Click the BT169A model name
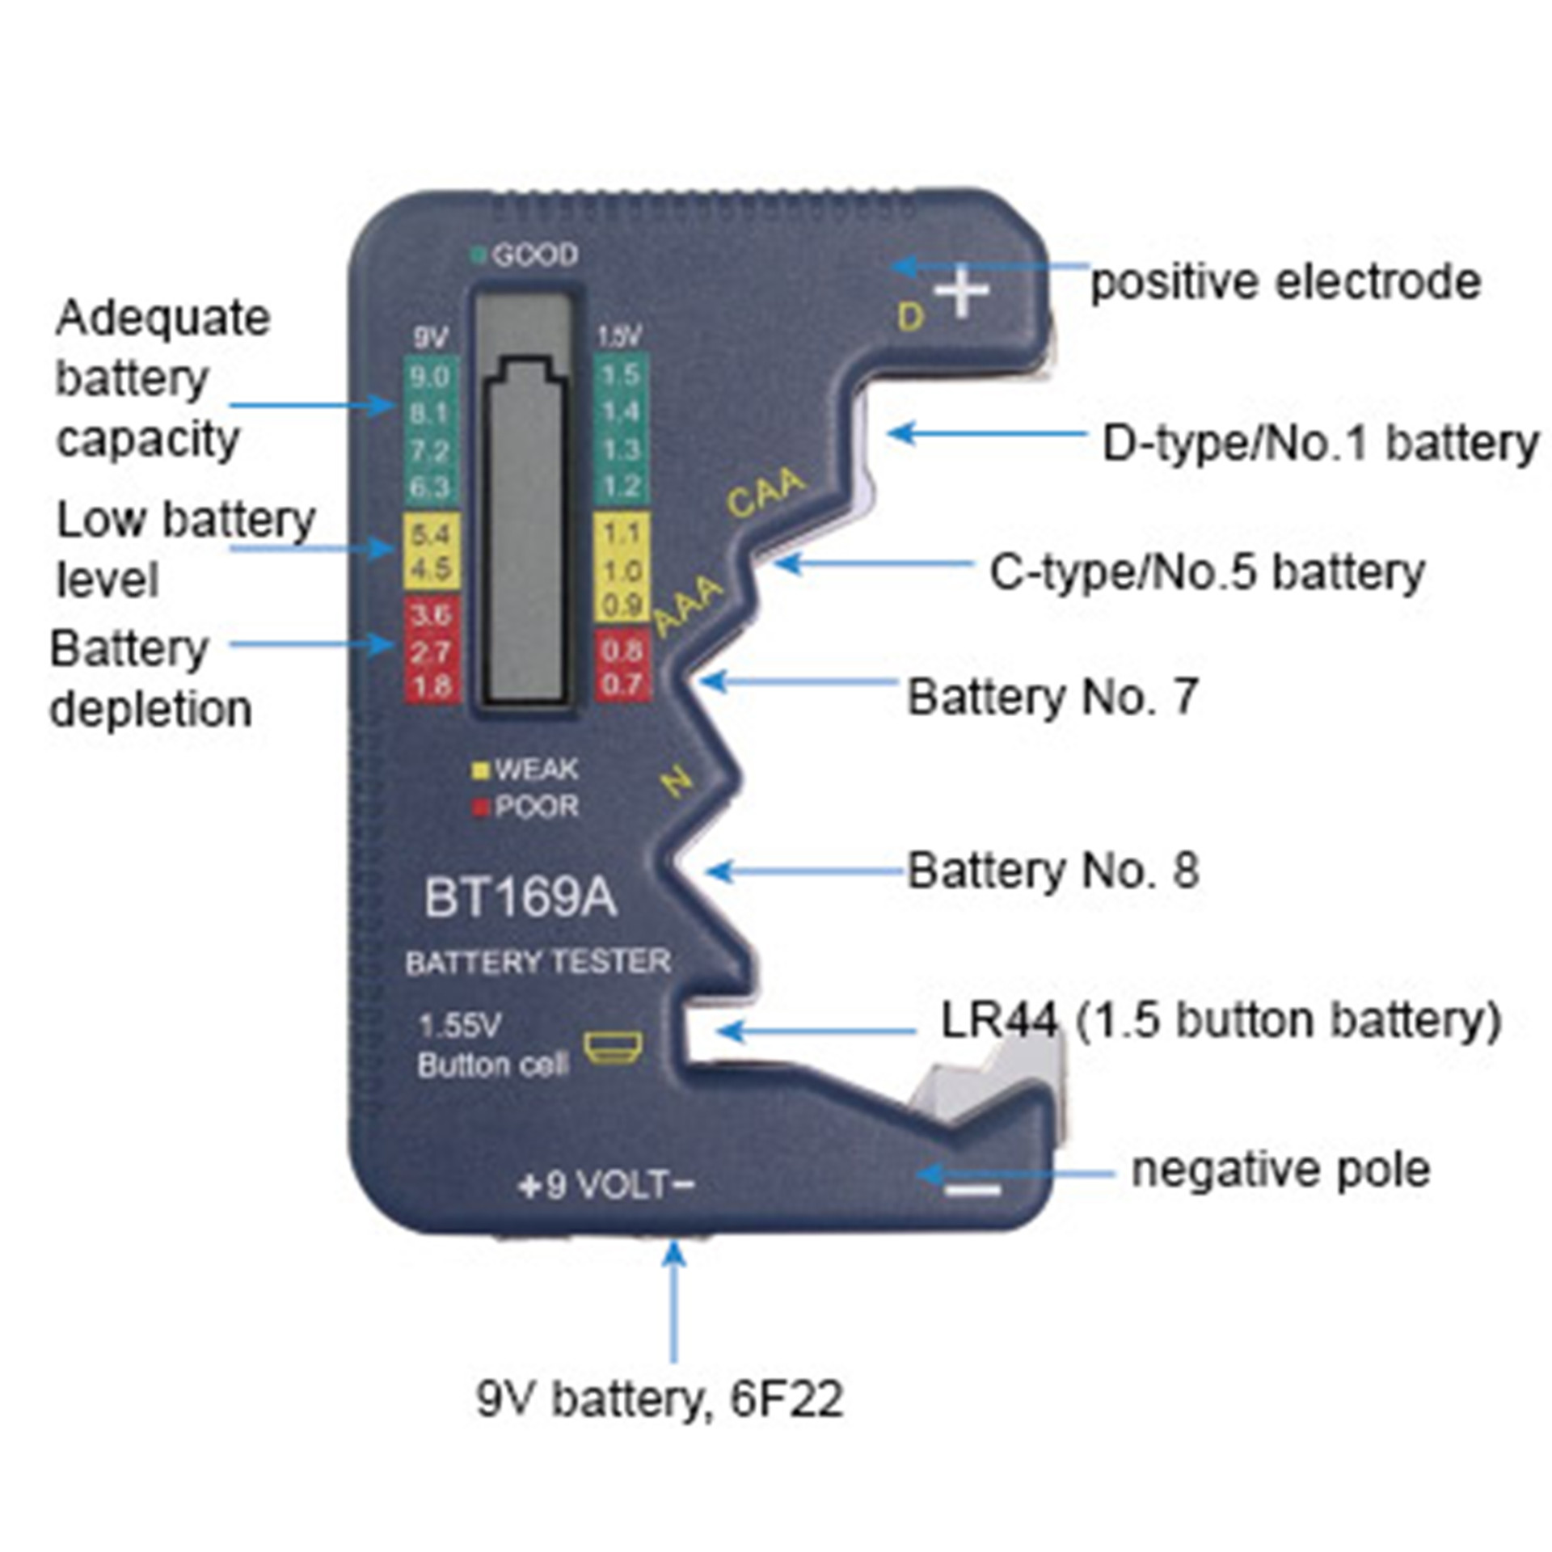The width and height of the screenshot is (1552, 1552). pyautogui.click(x=520, y=898)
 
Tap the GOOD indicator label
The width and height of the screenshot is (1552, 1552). pyautogui.click(x=534, y=255)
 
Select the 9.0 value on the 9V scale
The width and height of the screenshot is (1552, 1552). pyautogui.click(x=430, y=376)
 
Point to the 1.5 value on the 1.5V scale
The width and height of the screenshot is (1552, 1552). pyautogui.click(x=621, y=374)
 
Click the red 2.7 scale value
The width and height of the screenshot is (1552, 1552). pyautogui.click(x=430, y=652)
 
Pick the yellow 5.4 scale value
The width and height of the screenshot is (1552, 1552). pyautogui.click(x=430, y=534)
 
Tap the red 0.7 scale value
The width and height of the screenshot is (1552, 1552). pyautogui.click(x=621, y=685)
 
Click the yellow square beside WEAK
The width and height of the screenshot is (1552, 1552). pyautogui.click(x=481, y=770)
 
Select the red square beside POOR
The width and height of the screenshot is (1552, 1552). pyautogui.click(x=481, y=807)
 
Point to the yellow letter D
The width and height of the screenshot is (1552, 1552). pyautogui.click(x=911, y=317)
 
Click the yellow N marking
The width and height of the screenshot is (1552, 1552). pyautogui.click(x=677, y=782)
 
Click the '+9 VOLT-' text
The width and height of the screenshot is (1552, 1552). pyautogui.click(x=606, y=1185)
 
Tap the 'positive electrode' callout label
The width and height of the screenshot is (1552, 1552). pyautogui.click(x=1285, y=282)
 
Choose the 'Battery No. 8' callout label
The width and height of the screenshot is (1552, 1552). pyautogui.click(x=1052, y=871)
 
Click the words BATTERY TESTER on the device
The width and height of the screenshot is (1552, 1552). pyautogui.click(x=538, y=962)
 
